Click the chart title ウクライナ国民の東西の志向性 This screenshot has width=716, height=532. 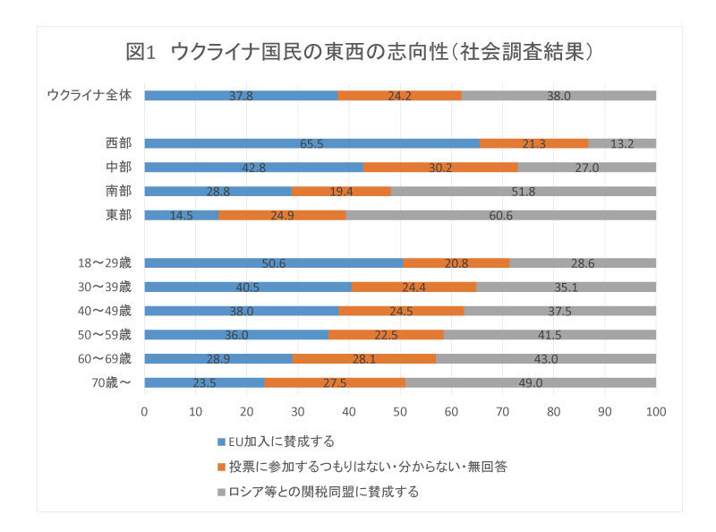pos(358,51)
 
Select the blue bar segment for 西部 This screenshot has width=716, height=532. pos(311,143)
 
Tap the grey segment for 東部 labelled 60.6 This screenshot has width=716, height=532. pos(501,215)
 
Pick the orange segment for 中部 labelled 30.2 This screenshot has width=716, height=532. pos(440,167)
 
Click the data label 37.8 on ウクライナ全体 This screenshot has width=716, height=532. pos(240,95)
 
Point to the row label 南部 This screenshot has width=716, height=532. pos(117,191)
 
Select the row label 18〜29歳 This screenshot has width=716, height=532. pos(104,263)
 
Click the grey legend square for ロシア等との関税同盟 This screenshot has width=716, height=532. pos(222,492)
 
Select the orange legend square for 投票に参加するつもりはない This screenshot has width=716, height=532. pos(222,467)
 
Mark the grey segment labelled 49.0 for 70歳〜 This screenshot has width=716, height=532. pos(531,382)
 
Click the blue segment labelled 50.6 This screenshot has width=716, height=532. pos(273,263)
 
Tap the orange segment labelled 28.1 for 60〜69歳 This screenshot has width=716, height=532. pos(364,358)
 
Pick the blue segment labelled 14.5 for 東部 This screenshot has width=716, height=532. pos(181,215)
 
